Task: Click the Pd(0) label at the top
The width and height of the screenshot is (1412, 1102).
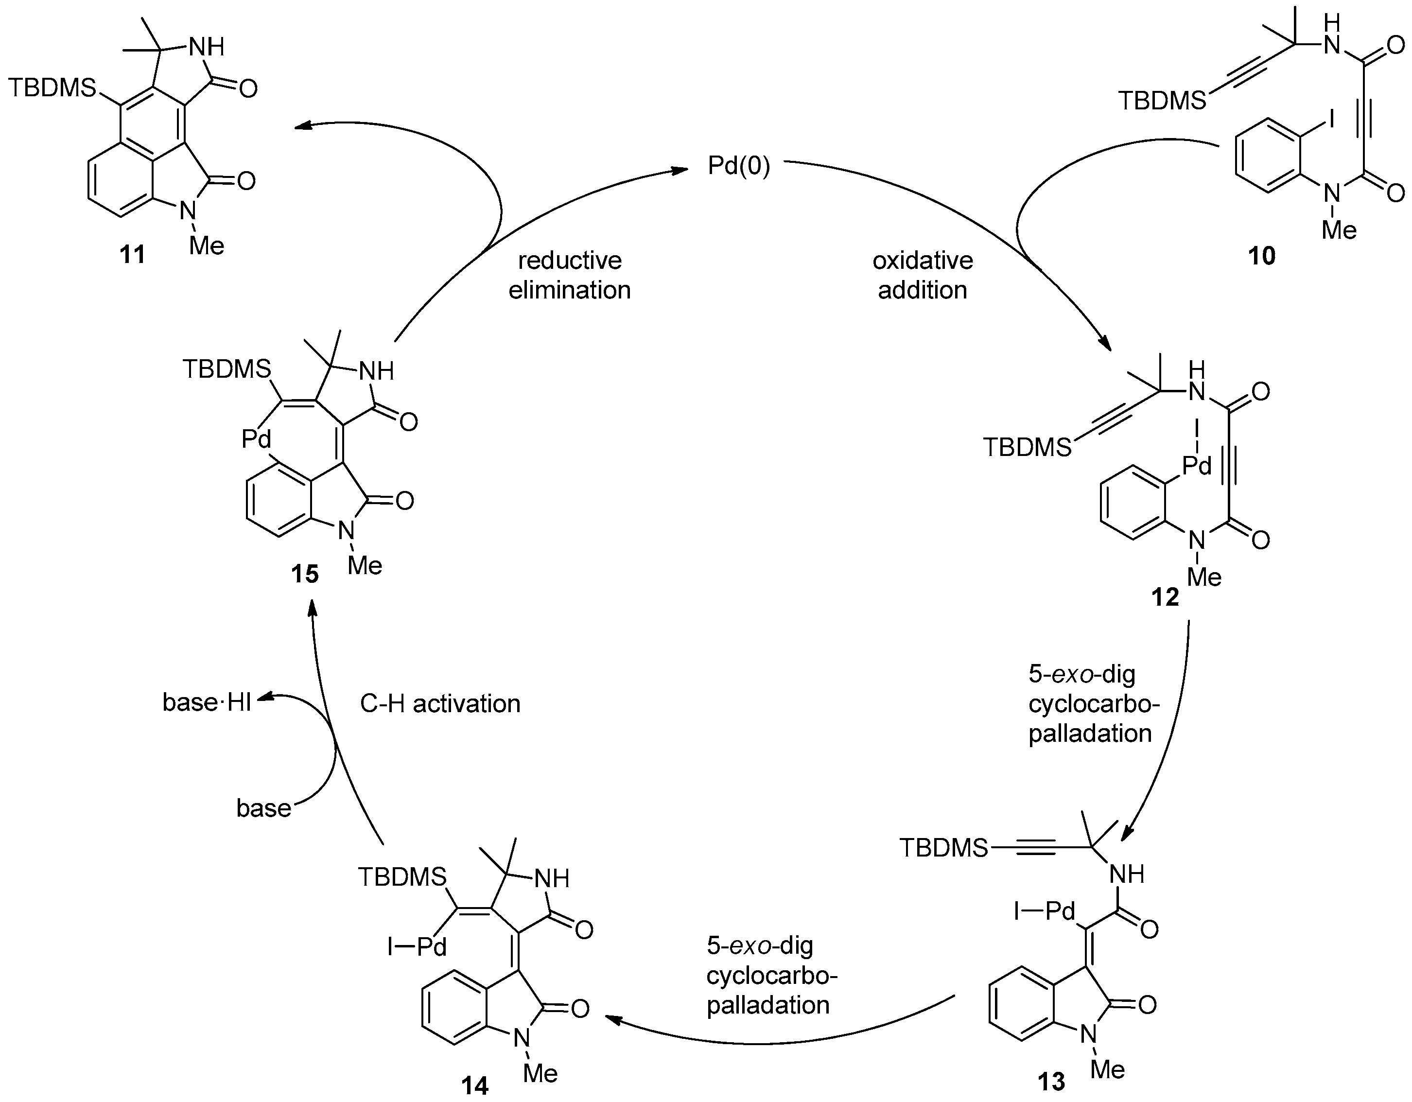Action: [738, 166]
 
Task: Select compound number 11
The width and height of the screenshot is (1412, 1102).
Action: [133, 254]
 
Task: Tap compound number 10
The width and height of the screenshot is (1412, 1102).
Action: [1261, 256]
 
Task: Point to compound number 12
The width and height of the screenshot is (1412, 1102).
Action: [1165, 597]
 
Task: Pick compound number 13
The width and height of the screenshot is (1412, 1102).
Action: [1050, 1081]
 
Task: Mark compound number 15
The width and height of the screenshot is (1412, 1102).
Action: [304, 573]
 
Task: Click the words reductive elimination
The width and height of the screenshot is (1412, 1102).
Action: [569, 275]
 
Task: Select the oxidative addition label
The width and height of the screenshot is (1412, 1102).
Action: [923, 275]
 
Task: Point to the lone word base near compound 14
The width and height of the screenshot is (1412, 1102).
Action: [263, 808]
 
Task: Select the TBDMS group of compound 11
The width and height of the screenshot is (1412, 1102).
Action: [52, 88]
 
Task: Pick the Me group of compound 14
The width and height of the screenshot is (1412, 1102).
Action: [540, 1073]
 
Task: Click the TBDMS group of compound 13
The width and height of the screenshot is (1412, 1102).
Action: [943, 847]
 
